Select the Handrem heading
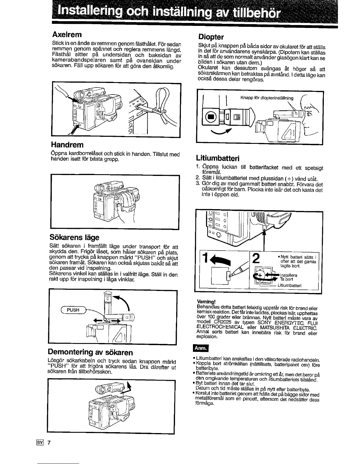click(67, 145)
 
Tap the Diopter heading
click(211, 37)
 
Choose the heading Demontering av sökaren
click(90, 352)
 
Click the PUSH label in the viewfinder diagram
click(73, 310)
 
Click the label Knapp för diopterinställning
click(267, 98)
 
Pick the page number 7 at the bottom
click(50, 444)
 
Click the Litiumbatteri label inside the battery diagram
click(289, 285)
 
